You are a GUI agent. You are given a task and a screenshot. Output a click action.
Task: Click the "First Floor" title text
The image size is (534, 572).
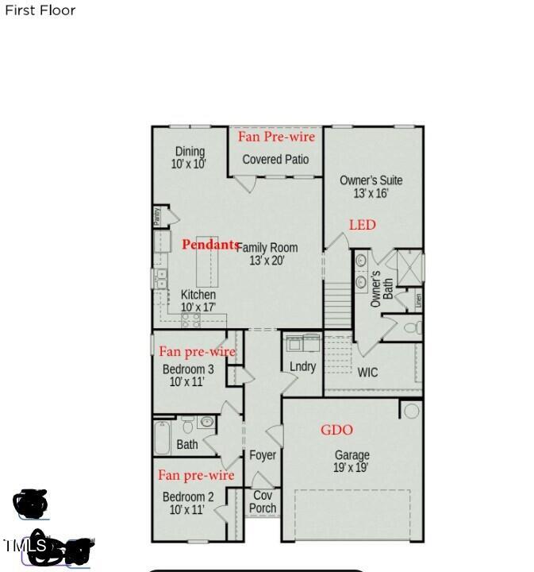40,10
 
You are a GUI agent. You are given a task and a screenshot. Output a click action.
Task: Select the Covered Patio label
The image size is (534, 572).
275,159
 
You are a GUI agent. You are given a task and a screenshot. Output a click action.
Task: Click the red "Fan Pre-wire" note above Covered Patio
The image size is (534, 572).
276,137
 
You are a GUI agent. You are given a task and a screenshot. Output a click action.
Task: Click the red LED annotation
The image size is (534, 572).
362,225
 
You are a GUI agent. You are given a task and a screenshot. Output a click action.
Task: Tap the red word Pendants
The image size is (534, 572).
210,245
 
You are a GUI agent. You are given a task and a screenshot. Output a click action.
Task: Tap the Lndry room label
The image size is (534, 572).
302,366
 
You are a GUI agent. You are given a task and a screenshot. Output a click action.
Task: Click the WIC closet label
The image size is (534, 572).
367,372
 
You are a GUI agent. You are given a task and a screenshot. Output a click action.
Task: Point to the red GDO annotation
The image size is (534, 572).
336,430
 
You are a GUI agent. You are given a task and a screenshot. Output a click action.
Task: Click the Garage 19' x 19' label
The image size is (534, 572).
352,461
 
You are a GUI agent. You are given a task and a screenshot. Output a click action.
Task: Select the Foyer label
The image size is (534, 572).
263,455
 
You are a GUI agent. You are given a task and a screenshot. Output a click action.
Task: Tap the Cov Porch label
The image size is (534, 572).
263,501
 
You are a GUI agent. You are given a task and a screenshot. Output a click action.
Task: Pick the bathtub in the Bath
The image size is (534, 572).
162,437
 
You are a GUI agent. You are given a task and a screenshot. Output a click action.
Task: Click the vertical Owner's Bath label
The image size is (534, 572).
382,289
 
